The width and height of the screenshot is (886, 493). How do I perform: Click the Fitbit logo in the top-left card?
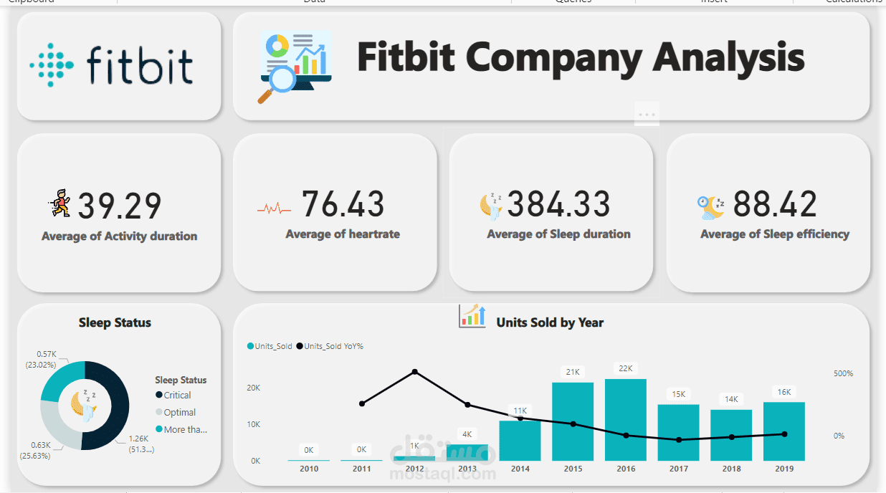click(x=112, y=64)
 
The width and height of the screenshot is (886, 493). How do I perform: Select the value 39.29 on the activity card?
click(x=119, y=206)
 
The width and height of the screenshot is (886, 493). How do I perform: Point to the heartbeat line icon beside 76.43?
click(x=274, y=209)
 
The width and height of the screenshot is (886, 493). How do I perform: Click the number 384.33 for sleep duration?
click(x=558, y=204)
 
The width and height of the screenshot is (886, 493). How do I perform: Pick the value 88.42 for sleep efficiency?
click(x=775, y=204)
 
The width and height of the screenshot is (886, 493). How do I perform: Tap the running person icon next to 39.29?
click(x=61, y=204)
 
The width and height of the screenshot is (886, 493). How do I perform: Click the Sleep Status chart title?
click(x=115, y=322)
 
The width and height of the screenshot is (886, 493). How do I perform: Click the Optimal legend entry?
click(x=179, y=412)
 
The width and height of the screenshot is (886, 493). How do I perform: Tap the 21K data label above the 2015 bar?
click(x=573, y=372)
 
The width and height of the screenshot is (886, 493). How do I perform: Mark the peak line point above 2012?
click(x=415, y=372)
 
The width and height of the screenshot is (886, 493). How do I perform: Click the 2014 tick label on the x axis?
click(x=520, y=469)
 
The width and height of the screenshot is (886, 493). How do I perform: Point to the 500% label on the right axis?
click(x=843, y=373)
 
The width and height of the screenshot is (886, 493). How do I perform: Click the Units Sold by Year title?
click(x=550, y=322)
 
